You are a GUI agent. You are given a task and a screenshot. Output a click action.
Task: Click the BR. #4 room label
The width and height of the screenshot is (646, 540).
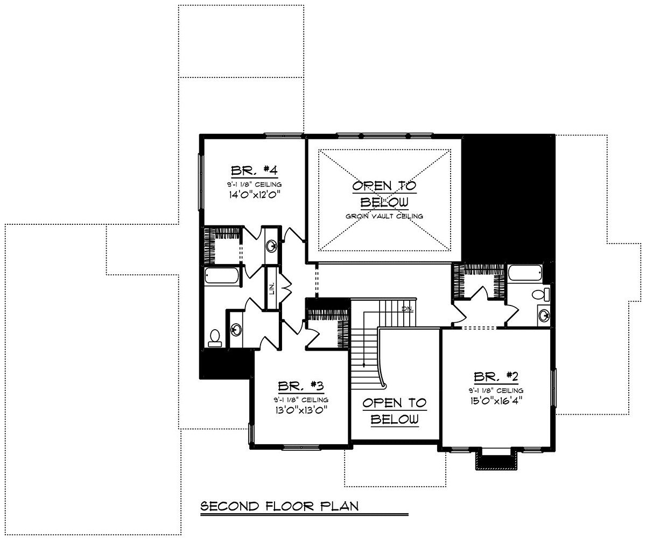click(254, 170)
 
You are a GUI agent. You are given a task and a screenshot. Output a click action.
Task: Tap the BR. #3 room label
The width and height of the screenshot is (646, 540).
click(301, 386)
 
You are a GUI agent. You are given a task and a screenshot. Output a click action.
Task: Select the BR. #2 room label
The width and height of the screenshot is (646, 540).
click(496, 376)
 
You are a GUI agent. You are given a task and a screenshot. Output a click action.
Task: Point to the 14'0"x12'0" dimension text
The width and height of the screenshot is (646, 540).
click(254, 195)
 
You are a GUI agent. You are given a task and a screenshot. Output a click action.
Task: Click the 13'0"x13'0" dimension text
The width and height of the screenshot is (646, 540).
click(301, 410)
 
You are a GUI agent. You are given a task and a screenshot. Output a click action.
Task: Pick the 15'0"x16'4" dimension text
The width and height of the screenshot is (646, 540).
click(496, 401)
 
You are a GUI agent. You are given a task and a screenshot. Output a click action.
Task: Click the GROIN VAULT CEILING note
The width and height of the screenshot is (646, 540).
click(384, 216)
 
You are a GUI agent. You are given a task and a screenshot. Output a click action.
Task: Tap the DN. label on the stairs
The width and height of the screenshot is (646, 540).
click(407, 309)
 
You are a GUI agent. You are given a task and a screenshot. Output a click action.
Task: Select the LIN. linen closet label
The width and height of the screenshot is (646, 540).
click(272, 289)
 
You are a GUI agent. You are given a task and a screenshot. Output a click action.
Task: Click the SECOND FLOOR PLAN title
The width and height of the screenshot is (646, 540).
click(279, 506)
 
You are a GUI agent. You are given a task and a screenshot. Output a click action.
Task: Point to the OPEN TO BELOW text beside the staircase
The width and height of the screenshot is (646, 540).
click(395, 411)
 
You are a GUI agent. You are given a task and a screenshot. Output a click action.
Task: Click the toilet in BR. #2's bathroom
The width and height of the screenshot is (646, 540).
click(540, 294)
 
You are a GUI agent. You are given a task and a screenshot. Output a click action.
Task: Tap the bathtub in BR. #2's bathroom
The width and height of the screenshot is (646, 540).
click(525, 273)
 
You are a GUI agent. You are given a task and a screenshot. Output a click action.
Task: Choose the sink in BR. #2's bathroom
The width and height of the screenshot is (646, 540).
click(544, 316)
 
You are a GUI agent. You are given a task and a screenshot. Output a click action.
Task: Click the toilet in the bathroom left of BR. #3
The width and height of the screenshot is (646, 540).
click(215, 338)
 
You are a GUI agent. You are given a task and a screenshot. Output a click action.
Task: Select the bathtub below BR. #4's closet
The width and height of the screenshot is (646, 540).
click(222, 275)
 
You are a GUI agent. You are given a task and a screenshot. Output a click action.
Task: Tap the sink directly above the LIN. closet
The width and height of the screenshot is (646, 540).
click(271, 246)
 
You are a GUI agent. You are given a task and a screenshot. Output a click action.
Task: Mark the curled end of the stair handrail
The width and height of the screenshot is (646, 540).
click(384, 386)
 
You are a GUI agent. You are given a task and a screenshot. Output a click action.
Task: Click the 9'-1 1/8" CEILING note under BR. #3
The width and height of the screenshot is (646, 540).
click(301, 400)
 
